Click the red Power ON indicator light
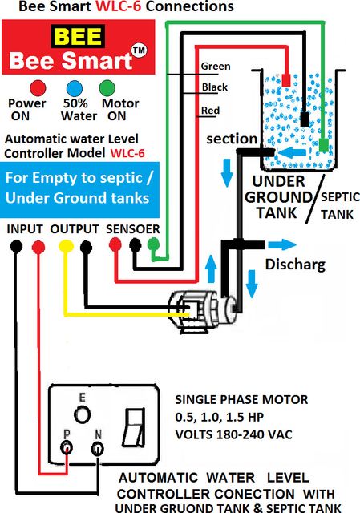coord(38,88)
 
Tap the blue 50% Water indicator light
coord(75,88)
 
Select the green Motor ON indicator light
coord(107,88)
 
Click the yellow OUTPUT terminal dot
coord(66,246)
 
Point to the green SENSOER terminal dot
coord(153,244)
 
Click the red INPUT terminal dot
coord(38,247)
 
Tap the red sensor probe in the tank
coord(286,80)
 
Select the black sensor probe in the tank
coord(305,119)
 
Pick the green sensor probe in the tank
coord(323,145)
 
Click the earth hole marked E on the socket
coord(82,414)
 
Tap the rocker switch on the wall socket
coord(134,427)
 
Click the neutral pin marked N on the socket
coord(98,448)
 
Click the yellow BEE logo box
coord(78,36)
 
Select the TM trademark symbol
coord(139,50)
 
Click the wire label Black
coord(215,87)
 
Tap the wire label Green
coord(216,66)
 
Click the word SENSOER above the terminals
coord(133,229)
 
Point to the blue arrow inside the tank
coord(292,152)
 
